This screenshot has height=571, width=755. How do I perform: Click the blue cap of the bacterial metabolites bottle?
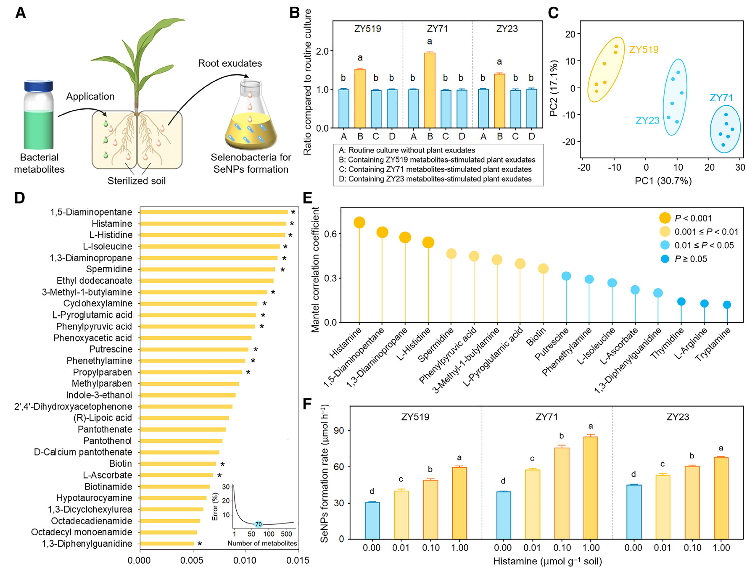(x=38, y=86)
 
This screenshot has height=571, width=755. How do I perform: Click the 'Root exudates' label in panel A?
(x=230, y=63)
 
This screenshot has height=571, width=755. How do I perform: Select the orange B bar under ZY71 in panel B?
(x=430, y=90)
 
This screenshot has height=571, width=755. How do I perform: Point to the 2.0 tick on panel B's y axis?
(x=322, y=51)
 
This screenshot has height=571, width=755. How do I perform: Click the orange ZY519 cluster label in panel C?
(x=644, y=50)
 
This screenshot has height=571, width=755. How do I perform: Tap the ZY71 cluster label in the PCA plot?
(x=721, y=98)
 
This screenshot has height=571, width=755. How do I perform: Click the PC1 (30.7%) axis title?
(x=663, y=181)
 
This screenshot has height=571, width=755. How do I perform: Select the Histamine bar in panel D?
(x=213, y=224)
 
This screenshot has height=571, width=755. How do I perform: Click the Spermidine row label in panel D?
(x=109, y=269)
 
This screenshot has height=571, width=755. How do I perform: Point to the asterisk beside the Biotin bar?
(x=223, y=464)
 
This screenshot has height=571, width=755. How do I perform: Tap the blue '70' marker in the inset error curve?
(x=258, y=524)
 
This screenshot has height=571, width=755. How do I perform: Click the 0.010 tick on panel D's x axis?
(x=245, y=560)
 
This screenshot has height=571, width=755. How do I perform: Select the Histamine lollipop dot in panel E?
(x=359, y=223)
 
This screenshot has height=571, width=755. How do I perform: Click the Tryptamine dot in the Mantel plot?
(x=727, y=305)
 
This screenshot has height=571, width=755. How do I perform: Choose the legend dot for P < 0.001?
(x=665, y=218)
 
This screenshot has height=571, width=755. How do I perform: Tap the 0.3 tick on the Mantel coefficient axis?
(x=331, y=278)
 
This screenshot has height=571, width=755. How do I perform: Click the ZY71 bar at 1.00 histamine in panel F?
(x=591, y=487)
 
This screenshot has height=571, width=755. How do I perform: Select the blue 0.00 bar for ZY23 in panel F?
(x=634, y=512)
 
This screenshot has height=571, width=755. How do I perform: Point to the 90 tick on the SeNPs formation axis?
(x=339, y=431)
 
